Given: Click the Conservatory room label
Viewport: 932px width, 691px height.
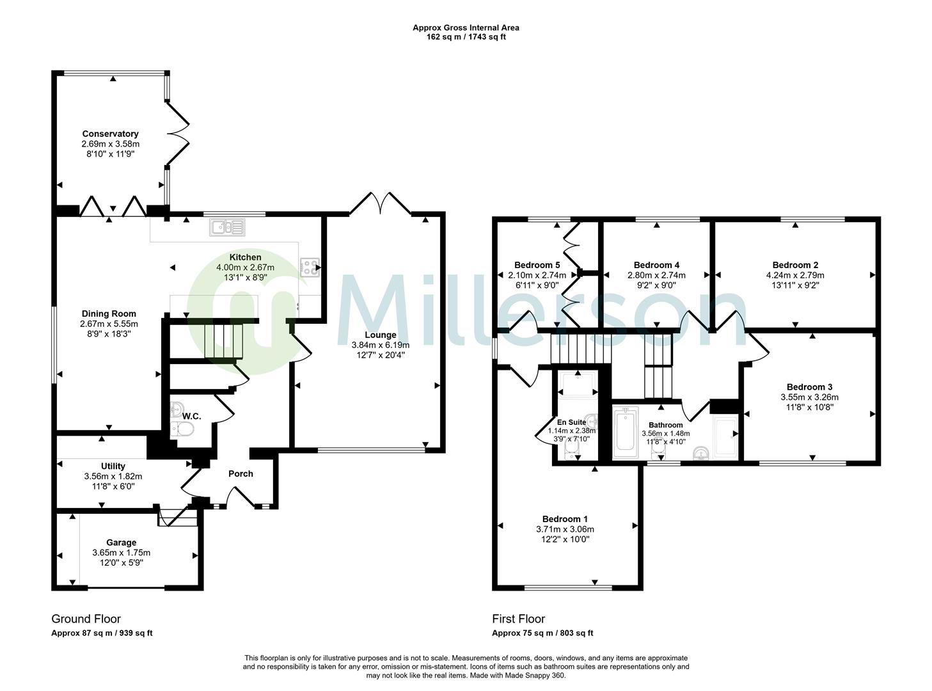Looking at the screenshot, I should pos(110,134).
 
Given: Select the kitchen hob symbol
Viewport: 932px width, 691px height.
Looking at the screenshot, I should pos(310,267).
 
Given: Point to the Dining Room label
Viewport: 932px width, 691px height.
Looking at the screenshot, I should pos(109,314).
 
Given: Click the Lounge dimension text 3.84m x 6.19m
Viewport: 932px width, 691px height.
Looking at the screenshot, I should pos(380,345).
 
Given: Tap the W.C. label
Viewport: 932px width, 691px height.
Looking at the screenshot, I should pos(191,417).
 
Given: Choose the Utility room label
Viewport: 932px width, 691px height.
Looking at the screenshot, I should pos(113,466).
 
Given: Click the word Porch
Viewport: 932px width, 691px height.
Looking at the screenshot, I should pos(241,473).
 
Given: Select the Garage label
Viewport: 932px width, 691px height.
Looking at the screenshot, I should pos(121,543).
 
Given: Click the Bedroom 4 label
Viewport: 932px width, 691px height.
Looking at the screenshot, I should pos(656,265).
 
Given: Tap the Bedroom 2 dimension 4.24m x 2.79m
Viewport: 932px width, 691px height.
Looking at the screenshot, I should pos(795,276).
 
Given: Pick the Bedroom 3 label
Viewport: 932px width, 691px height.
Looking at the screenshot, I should pos(809,386).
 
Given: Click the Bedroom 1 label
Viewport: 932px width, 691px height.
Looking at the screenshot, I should pos(565,519).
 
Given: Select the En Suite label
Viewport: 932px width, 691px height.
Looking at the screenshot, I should pos(571,422).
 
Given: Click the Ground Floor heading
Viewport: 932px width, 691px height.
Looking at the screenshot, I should pos(86,619).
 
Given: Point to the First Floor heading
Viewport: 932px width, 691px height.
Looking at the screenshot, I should pos(518,619).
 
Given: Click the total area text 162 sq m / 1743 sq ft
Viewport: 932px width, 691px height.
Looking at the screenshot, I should pos(466,37).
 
